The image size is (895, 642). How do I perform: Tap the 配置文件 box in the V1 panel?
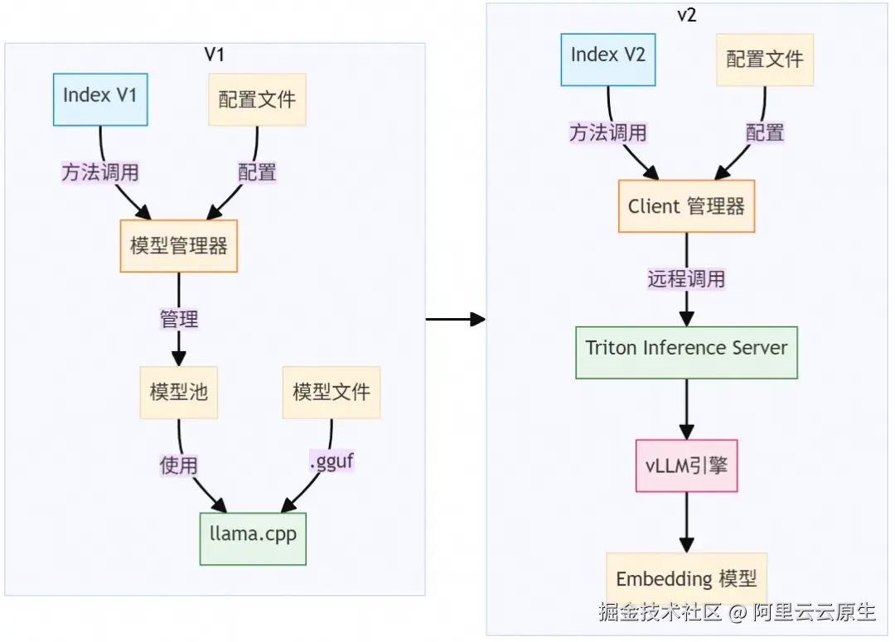(257, 100)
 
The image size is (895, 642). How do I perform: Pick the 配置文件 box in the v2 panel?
(765, 60)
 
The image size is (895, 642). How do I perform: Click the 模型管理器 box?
(178, 246)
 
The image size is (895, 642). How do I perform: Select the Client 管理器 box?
(686, 206)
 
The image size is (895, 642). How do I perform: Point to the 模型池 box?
(178, 392)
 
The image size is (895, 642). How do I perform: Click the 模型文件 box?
(331, 392)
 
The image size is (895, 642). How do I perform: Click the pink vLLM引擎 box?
(686, 466)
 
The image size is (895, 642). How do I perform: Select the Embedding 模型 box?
(686, 578)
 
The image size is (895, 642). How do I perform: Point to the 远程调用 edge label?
(686, 279)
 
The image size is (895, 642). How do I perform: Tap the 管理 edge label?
(178, 319)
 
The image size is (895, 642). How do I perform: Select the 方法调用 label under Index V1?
(100, 172)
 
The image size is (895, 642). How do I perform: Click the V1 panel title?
(215, 55)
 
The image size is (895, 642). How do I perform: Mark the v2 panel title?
(687, 16)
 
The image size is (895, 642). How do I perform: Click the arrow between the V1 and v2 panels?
(455, 319)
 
